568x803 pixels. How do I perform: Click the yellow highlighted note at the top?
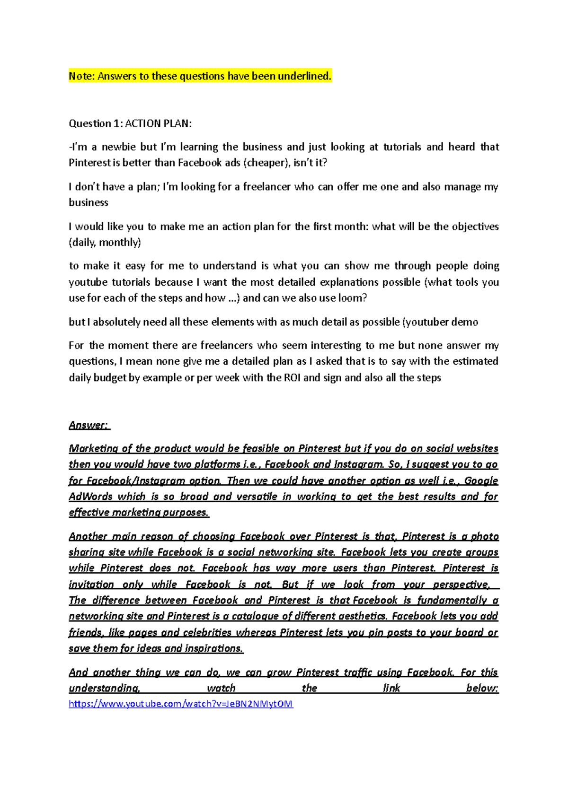[200, 76]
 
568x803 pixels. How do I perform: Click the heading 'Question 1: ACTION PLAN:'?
[130, 124]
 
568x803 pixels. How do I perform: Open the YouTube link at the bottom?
[181, 704]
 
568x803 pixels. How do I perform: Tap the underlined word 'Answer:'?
[89, 425]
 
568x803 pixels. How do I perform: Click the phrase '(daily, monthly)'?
[105, 243]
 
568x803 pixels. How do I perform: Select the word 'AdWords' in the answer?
[90, 497]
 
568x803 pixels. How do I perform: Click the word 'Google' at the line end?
[481, 480]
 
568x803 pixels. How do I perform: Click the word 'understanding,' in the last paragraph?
[104, 688]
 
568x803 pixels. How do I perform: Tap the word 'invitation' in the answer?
[91, 585]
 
